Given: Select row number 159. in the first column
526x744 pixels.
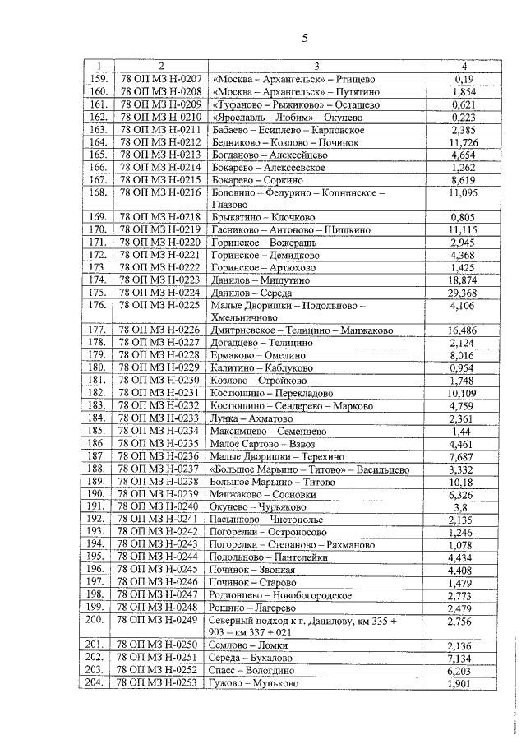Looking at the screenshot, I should point(98,79).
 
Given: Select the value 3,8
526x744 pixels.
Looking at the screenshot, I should point(464,506).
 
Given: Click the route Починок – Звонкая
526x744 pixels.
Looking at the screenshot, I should point(257,569).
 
